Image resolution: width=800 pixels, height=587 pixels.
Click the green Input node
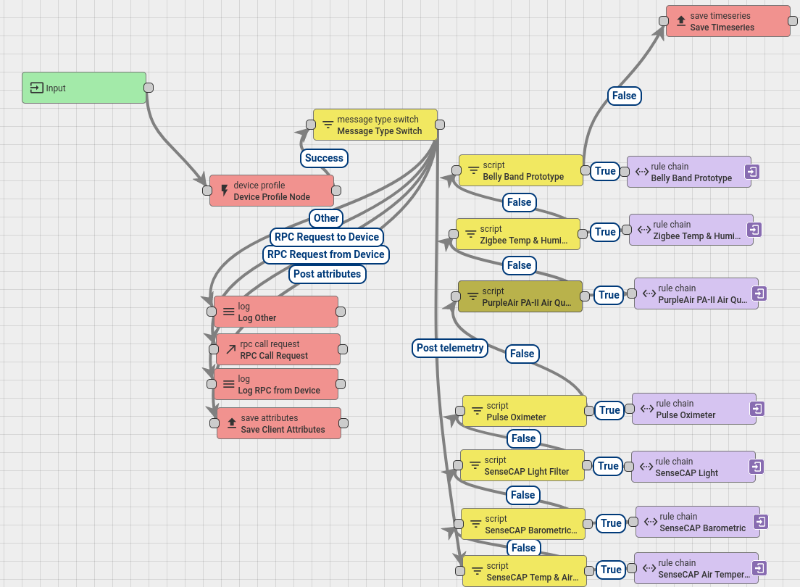pyautogui.click(x=84, y=88)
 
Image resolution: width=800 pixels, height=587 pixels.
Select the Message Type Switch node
pyautogui.click(x=375, y=125)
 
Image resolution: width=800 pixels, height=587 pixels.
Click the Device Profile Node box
pyautogui.click(x=272, y=191)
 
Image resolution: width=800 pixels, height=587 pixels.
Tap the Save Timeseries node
pyautogui.click(x=728, y=21)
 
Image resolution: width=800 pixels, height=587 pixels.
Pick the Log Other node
pyautogui.click(x=276, y=312)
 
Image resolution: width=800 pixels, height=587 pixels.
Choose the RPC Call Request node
pyautogui.click(x=278, y=349)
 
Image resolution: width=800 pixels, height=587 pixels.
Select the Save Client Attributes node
pyautogui.click(x=279, y=423)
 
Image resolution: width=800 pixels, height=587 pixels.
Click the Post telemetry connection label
pyautogui.click(x=450, y=348)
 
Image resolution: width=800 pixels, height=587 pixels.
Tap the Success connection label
pyautogui.click(x=324, y=158)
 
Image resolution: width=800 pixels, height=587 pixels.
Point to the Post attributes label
pyautogui.click(x=327, y=274)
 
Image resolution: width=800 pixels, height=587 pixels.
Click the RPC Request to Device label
pyautogui.click(x=327, y=237)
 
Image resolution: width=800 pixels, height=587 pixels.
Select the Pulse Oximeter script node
pyautogui.click(x=525, y=411)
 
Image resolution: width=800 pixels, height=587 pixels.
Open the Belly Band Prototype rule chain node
pyautogui.click(x=689, y=172)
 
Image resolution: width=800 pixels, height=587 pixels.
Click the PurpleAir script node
pyautogui.click(x=520, y=296)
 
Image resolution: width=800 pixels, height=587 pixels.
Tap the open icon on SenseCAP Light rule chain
pyautogui.click(x=757, y=467)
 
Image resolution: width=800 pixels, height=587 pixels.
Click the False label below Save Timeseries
pyautogui.click(x=625, y=96)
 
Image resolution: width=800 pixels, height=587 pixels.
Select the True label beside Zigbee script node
pyautogui.click(x=605, y=232)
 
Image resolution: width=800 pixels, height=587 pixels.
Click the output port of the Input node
pyautogui.click(x=149, y=88)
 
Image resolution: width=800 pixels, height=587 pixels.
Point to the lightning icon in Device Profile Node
pyautogui.click(x=225, y=191)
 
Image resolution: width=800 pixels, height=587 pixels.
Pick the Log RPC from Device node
pyautogui.click(x=276, y=384)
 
